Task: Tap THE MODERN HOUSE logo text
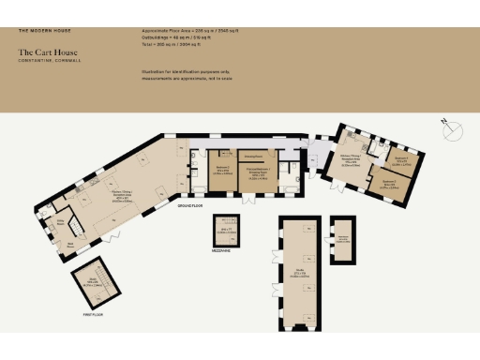[x=46, y=32]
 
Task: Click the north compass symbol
[x=455, y=131]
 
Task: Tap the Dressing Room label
[x=252, y=157]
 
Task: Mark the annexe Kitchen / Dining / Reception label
[x=350, y=160]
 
